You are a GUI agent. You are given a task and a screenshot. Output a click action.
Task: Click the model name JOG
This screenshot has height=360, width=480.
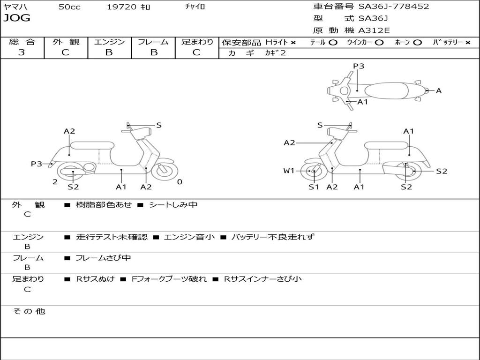coord(17,18)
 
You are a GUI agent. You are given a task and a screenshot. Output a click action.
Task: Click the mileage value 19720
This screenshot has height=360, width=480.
coord(121,7)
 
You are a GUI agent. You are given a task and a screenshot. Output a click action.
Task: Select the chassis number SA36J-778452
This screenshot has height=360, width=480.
coord(394,7)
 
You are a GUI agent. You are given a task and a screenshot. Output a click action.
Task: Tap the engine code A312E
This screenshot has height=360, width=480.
coord(374,31)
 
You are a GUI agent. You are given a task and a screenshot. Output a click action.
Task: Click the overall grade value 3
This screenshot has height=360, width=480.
coord(22,52)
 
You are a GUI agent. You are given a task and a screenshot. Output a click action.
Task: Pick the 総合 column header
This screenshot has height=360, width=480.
coord(22,42)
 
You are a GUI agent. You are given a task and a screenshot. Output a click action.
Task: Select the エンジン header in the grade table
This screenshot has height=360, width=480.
coord(109,42)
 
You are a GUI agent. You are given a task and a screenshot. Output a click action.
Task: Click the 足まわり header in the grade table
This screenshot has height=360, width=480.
coord(197,42)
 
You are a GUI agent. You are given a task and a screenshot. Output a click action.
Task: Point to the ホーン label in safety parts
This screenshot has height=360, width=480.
coord(403,42)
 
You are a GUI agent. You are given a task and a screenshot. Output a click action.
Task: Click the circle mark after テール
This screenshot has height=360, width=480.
coord(333,42)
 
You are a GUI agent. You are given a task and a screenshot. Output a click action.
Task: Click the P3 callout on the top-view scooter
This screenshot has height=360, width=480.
coord(359,66)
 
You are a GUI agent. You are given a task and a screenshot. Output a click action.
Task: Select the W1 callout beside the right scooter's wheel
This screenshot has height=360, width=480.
coord(289,171)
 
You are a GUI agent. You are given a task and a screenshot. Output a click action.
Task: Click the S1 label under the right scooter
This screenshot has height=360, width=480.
coord(314,187)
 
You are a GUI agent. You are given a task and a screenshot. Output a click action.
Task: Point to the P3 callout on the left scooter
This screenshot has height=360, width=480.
coord(37,164)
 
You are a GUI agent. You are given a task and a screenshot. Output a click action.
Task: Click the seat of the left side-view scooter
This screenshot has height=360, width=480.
coord(92,145)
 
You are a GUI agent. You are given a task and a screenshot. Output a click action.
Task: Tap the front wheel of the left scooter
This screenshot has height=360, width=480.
coord(165,170)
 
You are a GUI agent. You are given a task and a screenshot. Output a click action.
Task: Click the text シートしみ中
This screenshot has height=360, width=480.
coord(173,205)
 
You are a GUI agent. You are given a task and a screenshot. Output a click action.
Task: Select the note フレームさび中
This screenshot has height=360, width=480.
coord(103,258)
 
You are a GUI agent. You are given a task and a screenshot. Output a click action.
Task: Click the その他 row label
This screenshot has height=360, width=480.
coord(29,311)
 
